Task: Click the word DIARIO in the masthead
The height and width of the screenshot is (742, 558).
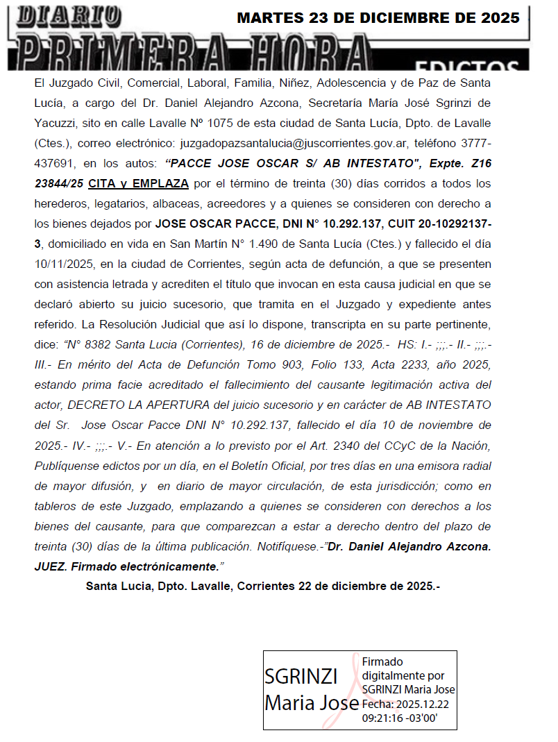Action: click(69, 16)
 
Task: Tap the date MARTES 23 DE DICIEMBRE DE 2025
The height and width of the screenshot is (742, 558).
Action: click(378, 19)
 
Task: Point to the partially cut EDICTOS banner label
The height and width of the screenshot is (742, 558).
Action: click(467, 67)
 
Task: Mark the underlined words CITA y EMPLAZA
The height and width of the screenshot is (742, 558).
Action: click(139, 184)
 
